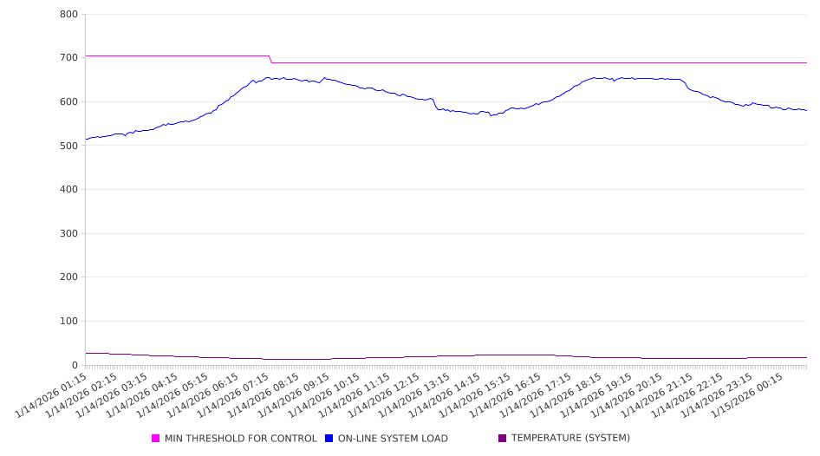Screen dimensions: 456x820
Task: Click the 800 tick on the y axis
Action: coord(69,15)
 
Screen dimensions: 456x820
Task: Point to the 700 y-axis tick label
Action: coord(69,58)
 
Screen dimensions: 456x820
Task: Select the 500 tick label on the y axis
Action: coord(69,147)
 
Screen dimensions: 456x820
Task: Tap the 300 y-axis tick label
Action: coord(69,234)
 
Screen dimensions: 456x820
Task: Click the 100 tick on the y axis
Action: coord(69,322)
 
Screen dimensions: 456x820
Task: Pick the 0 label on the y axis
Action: coord(75,366)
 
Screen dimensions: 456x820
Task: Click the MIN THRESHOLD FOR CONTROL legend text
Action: coord(240,439)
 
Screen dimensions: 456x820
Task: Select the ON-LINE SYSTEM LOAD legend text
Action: coord(393,439)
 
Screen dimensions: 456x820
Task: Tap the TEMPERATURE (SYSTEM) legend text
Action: coord(570,439)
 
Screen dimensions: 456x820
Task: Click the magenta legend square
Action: coord(156,439)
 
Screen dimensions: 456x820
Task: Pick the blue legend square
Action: coord(329,439)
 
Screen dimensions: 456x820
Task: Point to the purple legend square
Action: coord(503,439)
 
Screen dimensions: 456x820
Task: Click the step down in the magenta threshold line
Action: coord(270,59)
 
